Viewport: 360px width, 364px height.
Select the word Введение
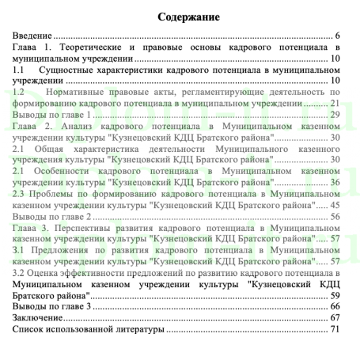32,36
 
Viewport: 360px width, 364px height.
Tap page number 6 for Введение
337,36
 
